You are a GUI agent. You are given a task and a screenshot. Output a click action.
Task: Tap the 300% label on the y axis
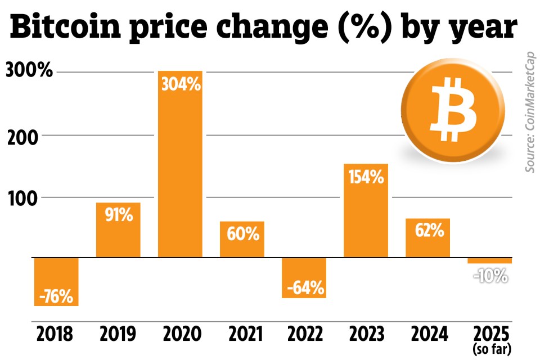point(29,72)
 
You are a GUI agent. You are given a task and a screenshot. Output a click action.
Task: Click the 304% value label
point(181,85)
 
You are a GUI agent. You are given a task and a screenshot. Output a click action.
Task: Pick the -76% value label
point(56,296)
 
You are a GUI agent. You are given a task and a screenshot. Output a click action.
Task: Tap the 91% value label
point(118,215)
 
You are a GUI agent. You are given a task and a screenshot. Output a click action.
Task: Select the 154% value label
point(366,178)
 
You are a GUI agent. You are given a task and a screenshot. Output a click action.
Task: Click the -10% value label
point(490,276)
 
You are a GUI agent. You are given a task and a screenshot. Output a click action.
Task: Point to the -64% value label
point(304,289)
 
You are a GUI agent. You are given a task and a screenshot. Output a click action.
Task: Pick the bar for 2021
point(242,239)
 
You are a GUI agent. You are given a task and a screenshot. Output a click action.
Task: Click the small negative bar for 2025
point(490,260)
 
